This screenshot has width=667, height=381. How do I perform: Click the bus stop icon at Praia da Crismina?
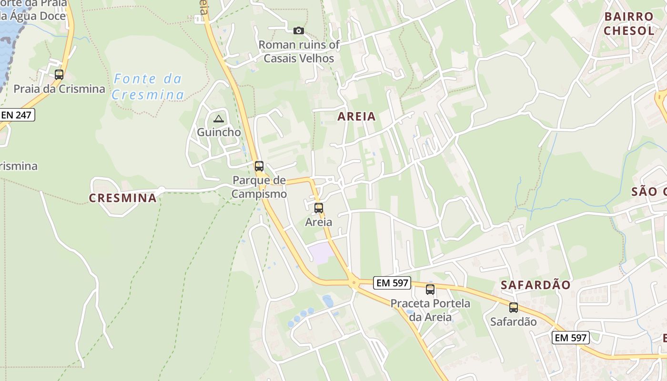(x=59, y=75)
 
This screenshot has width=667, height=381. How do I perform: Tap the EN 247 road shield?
(x=18, y=115)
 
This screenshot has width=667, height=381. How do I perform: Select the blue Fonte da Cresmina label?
(x=148, y=87)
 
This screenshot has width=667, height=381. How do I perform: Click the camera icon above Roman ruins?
(x=299, y=31)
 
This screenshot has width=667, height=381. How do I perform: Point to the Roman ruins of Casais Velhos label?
(x=299, y=51)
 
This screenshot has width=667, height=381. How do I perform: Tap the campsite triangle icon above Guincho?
(x=219, y=119)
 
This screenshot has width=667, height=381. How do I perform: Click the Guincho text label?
(x=219, y=132)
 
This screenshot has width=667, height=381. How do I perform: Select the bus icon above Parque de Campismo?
(x=259, y=166)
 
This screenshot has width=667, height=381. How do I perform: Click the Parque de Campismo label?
(x=259, y=187)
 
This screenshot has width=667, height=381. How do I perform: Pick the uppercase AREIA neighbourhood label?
(x=357, y=117)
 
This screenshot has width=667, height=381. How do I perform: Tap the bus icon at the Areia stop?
(x=319, y=208)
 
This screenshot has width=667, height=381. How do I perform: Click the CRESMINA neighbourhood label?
(x=123, y=198)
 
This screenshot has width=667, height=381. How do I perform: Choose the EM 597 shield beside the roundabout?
(x=392, y=283)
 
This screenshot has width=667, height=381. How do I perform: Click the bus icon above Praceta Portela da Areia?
(x=430, y=290)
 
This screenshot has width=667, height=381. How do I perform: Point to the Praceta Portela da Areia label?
(x=430, y=310)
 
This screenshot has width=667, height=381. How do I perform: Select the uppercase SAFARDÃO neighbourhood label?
(x=536, y=285)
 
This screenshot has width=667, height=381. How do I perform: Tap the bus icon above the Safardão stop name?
(x=514, y=308)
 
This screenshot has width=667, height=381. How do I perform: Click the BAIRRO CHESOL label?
(x=629, y=24)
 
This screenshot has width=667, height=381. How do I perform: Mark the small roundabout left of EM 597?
(x=354, y=283)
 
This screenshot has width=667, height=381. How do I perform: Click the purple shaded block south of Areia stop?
(x=321, y=253)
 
